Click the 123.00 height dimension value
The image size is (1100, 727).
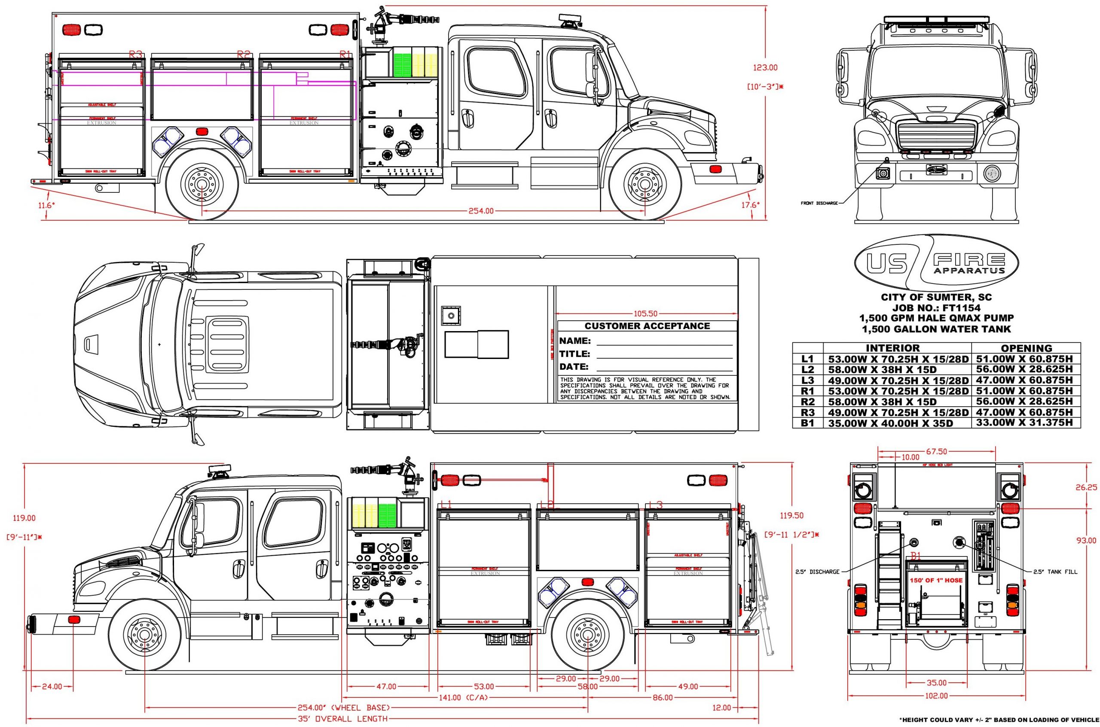click(x=764, y=68)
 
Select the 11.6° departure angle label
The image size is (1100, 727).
click(x=46, y=204)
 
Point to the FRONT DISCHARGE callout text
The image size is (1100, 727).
click(x=819, y=203)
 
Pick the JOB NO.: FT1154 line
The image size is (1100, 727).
click(x=936, y=307)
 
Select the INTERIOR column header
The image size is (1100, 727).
click(x=892, y=348)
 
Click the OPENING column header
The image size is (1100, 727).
click(x=1026, y=348)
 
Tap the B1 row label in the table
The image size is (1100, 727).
click(x=808, y=423)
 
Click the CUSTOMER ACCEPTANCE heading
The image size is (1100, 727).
click(x=647, y=326)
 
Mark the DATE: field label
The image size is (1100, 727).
click(x=574, y=367)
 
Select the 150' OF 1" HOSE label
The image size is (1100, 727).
click(x=936, y=580)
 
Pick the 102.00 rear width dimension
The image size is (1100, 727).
click(x=936, y=709)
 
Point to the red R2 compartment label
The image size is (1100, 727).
click(x=243, y=54)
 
